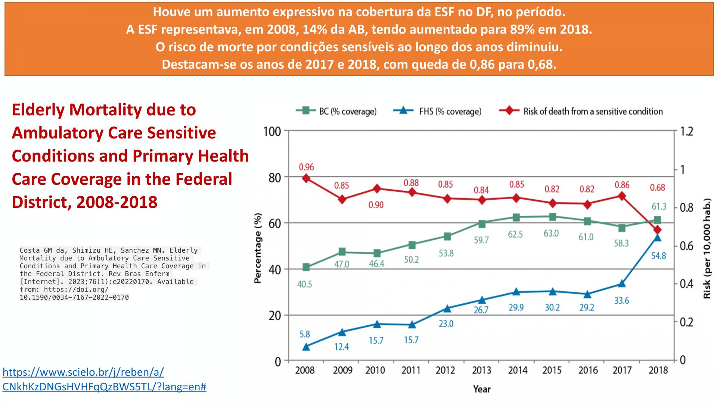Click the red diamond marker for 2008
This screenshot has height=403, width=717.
point(306,178)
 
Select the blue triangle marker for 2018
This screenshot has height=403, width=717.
point(658,237)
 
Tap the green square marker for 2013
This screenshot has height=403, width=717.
point(482,224)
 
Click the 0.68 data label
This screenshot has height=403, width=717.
point(657,187)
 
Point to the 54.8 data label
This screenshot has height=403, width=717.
point(658,256)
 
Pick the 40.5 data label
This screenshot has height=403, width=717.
point(304,284)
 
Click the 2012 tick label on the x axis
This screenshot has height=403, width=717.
point(446,370)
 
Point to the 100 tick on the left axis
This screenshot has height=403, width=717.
point(272,132)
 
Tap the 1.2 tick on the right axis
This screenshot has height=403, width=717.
point(686,132)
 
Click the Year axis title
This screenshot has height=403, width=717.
point(482,389)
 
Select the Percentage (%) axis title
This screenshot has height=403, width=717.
point(258,248)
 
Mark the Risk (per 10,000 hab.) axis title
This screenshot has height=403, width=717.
point(707,248)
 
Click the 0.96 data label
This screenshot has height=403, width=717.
point(306,167)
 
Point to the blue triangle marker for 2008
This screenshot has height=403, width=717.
point(306,347)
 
